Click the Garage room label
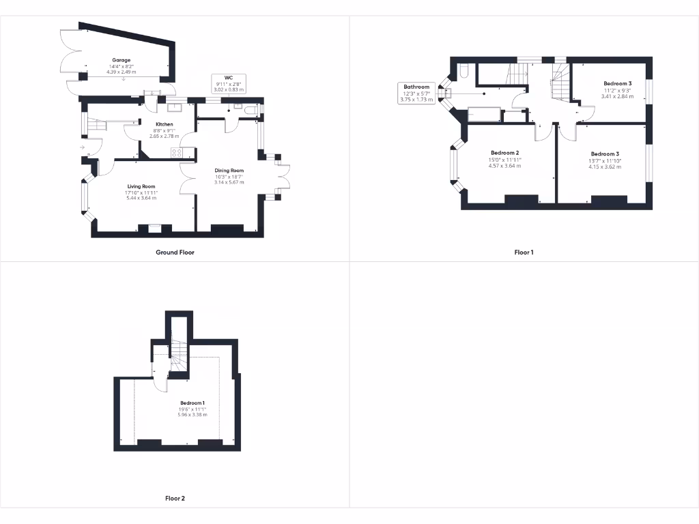coord(122,60)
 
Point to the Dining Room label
coord(228,171)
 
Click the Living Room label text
coord(141,186)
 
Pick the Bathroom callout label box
coord(416,93)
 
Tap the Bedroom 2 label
coord(505,153)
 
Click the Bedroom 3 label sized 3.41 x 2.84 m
coord(617,83)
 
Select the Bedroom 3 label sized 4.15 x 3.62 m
coord(605,154)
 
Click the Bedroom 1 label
coord(192,403)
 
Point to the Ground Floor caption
coord(175,252)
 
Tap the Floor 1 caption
coord(524,252)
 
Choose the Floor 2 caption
coord(175,499)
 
